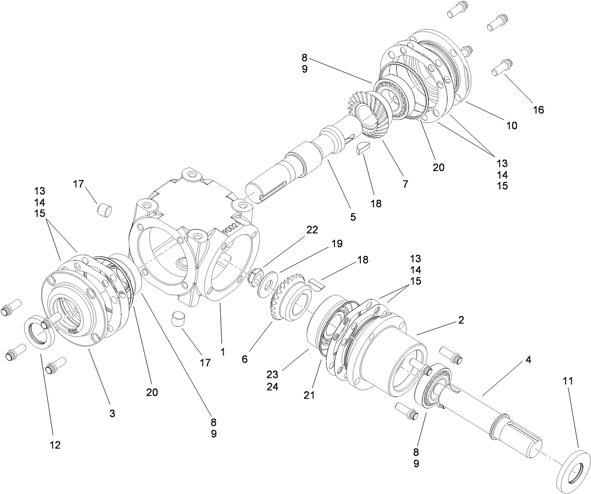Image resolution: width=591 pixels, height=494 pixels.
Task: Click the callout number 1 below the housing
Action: (223, 352)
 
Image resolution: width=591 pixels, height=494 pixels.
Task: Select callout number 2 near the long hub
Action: (461, 320)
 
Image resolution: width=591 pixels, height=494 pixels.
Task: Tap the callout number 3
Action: (112, 414)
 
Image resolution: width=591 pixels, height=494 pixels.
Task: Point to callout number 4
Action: (529, 360)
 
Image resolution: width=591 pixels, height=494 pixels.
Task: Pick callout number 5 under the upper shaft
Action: (353, 217)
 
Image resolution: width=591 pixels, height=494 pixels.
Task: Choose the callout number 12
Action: (55, 445)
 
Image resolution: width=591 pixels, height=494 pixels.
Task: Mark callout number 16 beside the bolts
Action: (538, 110)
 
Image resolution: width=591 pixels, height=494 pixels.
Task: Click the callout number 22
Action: (312, 230)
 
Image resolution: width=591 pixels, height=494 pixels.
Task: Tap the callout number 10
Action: (511, 125)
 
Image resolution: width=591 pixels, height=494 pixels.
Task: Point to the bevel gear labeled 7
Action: (366, 115)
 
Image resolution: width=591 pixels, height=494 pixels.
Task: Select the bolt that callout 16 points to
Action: (502, 67)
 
